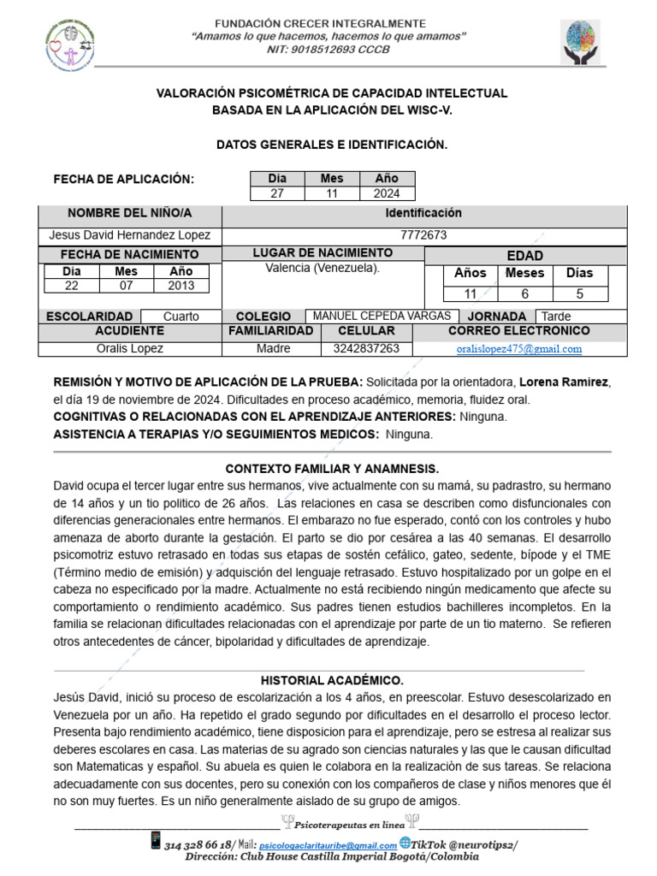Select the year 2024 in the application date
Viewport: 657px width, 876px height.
[387, 193]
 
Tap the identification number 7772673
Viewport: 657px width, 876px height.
[423, 235]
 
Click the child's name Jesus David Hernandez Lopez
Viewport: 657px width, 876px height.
[130, 235]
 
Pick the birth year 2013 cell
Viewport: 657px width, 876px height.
[181, 286]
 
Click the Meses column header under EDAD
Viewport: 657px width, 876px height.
[524, 273]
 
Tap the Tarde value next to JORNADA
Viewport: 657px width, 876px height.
[557, 317]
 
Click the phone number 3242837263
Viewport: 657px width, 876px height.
[366, 349]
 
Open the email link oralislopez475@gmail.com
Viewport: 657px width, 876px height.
[519, 349]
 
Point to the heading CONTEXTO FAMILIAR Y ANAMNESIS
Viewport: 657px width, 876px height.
[332, 470]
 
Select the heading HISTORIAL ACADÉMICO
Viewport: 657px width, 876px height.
[332, 681]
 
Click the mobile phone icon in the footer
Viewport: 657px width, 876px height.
[155, 840]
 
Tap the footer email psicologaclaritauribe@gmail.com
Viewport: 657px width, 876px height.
[328, 845]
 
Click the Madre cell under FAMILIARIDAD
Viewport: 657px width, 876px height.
[273, 349]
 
